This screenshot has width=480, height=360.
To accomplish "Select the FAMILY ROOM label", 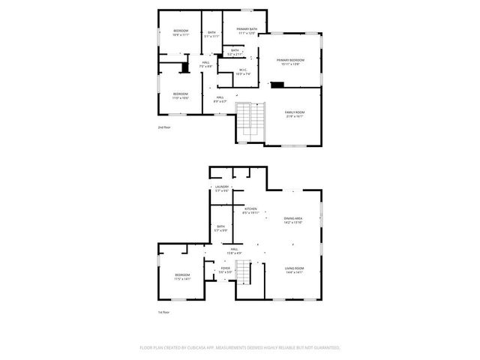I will [294, 112].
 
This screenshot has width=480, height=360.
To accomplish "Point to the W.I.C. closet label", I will [241, 70].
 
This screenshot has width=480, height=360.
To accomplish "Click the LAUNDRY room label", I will [221, 187].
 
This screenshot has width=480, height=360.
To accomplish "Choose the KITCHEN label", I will [250, 208].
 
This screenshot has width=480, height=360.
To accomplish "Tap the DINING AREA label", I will [292, 218].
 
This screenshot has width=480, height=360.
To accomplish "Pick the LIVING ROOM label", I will [293, 268].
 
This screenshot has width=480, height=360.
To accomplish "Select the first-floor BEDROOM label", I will [182, 275].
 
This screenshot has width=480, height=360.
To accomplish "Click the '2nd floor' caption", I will [164, 128].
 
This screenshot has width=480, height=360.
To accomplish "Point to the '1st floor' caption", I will [164, 312].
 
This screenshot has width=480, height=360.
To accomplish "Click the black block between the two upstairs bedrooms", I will [184, 68].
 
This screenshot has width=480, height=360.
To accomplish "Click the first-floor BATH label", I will [220, 226].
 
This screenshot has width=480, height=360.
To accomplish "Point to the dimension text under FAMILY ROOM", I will [294, 117].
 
